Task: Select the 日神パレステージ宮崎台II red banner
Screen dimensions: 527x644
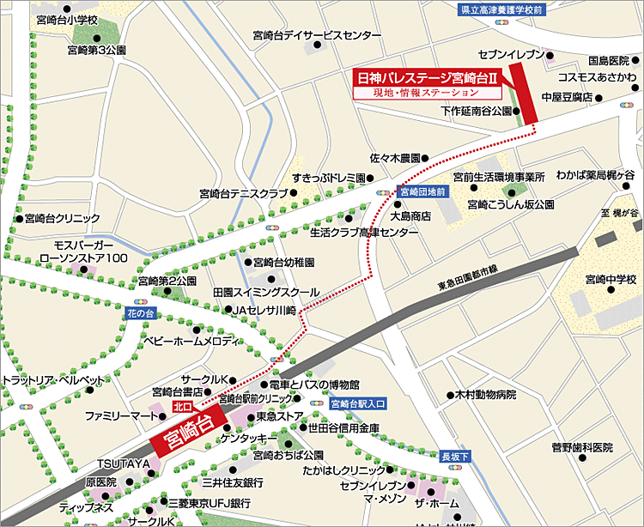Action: click(427, 76)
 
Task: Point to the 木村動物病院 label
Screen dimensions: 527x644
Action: click(487, 395)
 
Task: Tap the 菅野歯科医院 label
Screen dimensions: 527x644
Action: click(582, 447)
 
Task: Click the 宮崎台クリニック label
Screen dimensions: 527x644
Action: click(63, 218)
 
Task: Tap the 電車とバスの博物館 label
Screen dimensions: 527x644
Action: click(314, 384)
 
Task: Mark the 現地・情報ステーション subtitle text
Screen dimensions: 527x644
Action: click(427, 92)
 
